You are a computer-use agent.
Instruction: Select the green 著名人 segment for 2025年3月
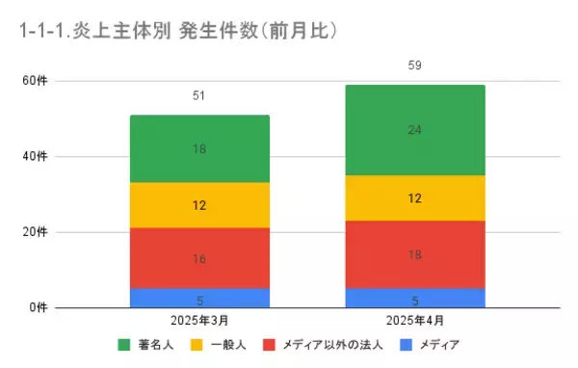pyautogui.click(x=199, y=149)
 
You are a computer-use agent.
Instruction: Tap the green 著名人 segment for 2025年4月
pyautogui.click(x=415, y=130)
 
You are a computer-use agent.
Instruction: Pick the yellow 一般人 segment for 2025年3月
pyautogui.click(x=199, y=205)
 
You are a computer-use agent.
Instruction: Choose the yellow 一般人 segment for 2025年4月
pyautogui.click(x=415, y=198)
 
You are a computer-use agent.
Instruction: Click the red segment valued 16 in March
pyautogui.click(x=199, y=258)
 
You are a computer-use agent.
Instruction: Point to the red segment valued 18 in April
pyautogui.click(x=415, y=254)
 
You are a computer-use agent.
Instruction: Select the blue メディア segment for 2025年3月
pyautogui.click(x=199, y=298)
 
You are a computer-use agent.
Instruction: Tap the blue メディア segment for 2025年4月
pyautogui.click(x=415, y=298)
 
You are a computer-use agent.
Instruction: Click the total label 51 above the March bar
pyautogui.click(x=199, y=96)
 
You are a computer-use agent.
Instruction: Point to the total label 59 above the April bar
pyautogui.click(x=415, y=66)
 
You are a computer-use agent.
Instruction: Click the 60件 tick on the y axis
pyautogui.click(x=35, y=81)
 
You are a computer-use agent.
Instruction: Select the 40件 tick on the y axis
pyautogui.click(x=35, y=156)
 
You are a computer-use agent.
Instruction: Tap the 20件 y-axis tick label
pyautogui.click(x=35, y=232)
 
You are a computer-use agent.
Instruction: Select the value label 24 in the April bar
pyautogui.click(x=415, y=130)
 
